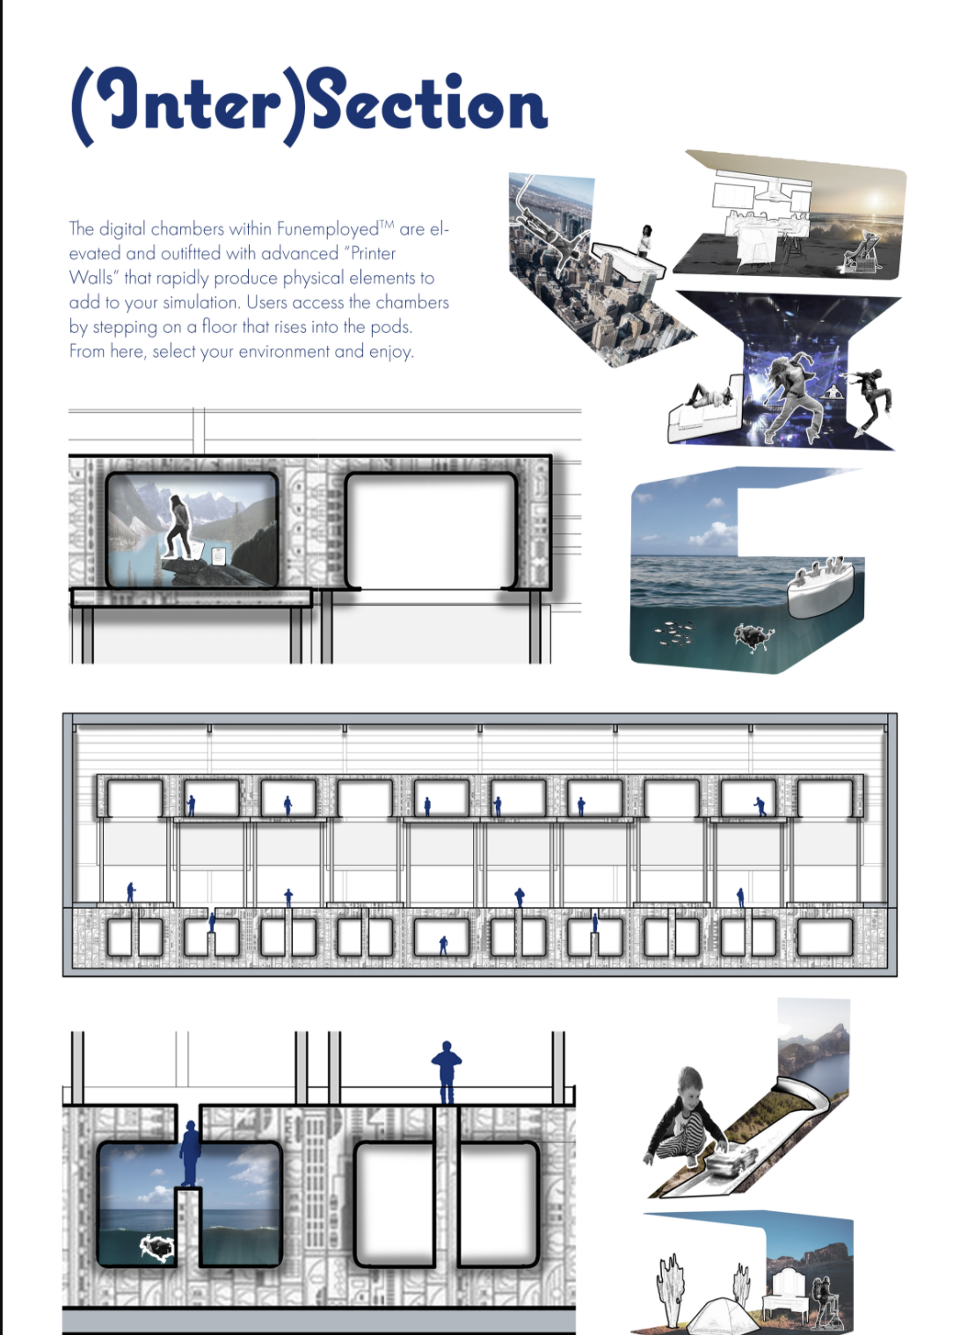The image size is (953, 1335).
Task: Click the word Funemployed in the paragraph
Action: (327, 229)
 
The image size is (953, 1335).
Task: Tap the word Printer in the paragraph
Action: (373, 253)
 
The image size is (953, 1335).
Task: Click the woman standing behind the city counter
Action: (646, 240)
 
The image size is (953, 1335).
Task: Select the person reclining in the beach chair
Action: (862, 250)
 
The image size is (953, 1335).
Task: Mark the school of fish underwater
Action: (675, 632)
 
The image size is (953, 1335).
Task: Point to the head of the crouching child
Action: (690, 1083)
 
